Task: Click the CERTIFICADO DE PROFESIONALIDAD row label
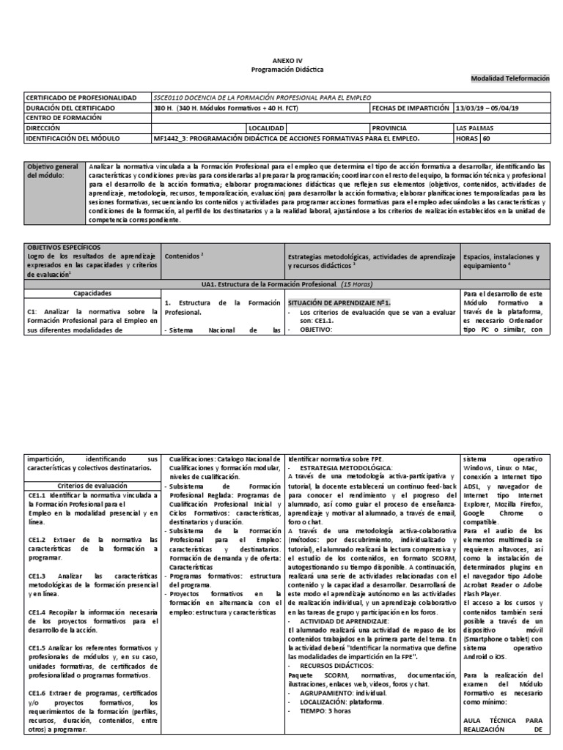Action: (x=81, y=97)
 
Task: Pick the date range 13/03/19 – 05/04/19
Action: (x=487, y=108)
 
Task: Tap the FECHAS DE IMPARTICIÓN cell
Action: (x=411, y=108)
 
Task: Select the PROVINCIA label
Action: (x=394, y=127)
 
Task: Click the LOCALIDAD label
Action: (x=268, y=127)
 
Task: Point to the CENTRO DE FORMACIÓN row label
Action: (x=62, y=117)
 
